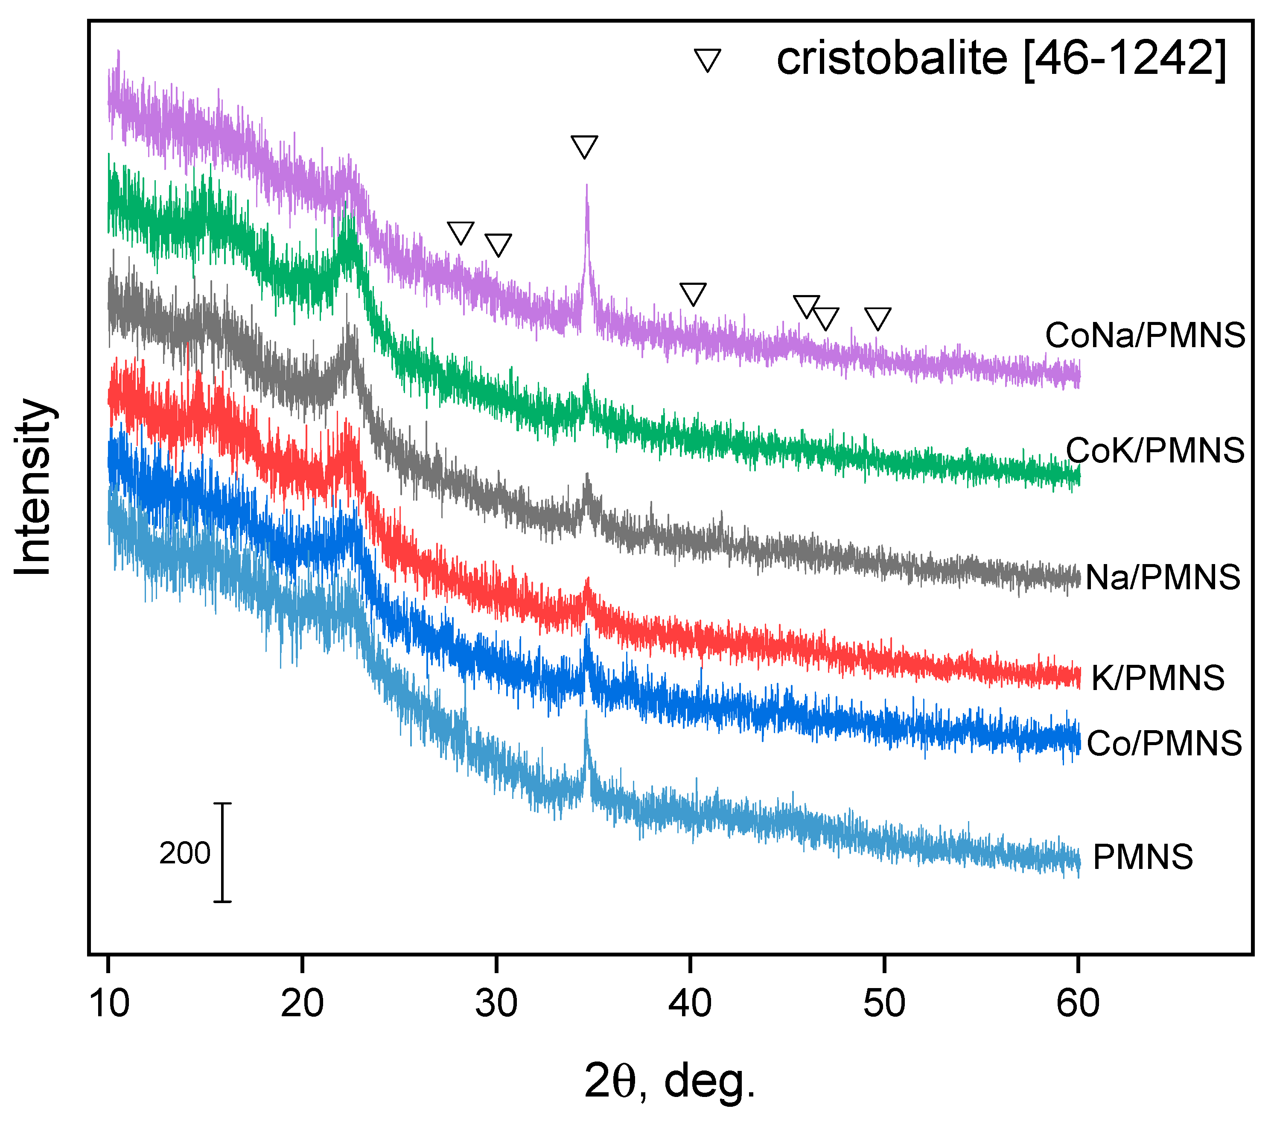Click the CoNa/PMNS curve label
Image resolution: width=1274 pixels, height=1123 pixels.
tap(1144, 336)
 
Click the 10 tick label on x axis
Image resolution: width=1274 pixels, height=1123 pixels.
tap(109, 1003)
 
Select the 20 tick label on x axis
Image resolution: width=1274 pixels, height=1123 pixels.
tap(302, 1003)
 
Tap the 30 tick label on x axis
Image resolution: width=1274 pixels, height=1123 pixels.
tap(496, 1003)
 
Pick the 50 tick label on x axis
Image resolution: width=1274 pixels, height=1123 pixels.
tap(884, 1003)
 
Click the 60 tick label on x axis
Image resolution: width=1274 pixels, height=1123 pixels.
tap(1078, 1003)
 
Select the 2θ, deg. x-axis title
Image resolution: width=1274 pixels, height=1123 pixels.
tap(670, 1081)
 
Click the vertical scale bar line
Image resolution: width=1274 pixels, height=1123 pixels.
tap(222, 852)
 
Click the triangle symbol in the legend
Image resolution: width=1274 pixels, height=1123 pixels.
tap(708, 60)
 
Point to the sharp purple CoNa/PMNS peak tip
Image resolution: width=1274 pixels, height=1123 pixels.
tap(586, 186)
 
